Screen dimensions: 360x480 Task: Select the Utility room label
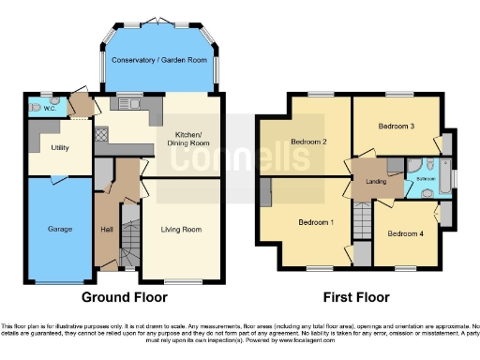60,148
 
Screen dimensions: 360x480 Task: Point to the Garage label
60,228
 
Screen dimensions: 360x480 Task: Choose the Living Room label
181,228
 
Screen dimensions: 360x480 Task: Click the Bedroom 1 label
316,222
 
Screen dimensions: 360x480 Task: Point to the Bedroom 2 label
307,142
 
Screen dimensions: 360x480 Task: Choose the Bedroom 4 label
404,233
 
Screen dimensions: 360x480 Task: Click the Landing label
364,182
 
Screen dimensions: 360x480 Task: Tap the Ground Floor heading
125,297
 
